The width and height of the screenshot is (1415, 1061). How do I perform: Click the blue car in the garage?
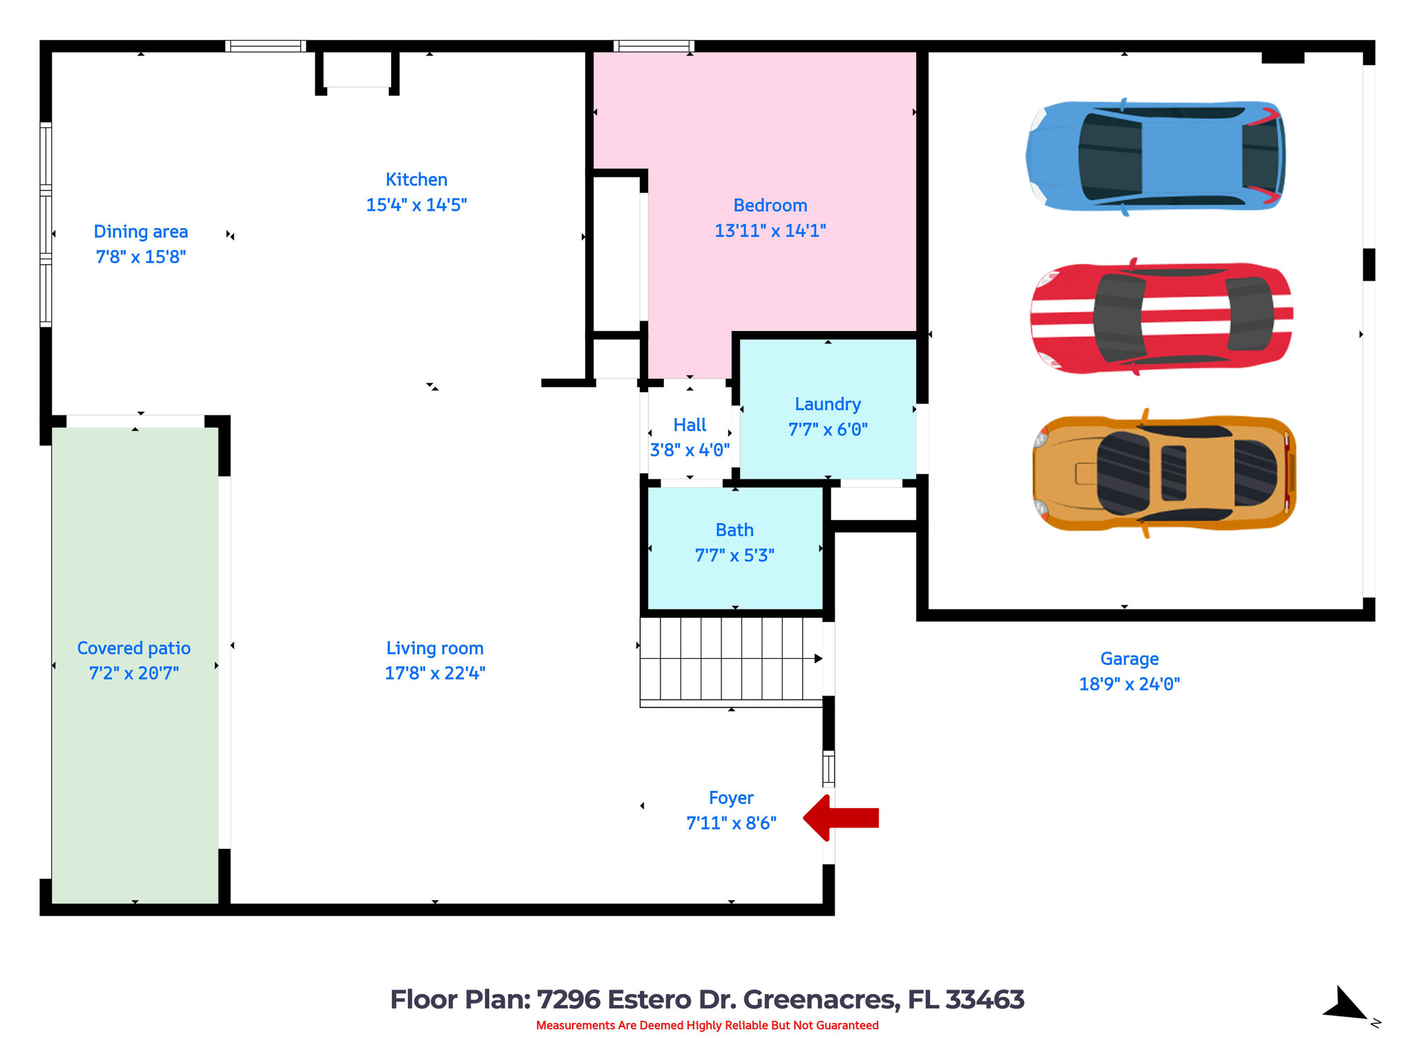tap(1155, 156)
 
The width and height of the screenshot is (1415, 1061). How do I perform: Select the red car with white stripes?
tap(1161, 318)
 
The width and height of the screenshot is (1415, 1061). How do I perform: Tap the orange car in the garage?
tap(1164, 473)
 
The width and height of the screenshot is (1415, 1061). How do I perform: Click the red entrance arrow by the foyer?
tap(842, 818)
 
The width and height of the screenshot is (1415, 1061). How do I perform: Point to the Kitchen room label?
tap(416, 180)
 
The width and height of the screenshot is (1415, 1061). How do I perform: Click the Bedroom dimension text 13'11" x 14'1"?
tap(770, 231)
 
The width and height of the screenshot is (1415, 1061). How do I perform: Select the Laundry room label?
tap(827, 404)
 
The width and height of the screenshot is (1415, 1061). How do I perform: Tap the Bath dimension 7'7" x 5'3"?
tap(734, 555)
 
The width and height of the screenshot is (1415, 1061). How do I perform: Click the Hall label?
tap(690, 425)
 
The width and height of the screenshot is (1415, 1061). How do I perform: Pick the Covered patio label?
tap(133, 648)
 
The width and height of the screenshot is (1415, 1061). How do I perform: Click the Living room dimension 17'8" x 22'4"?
tap(435, 673)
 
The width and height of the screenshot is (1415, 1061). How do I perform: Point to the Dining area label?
tap(140, 231)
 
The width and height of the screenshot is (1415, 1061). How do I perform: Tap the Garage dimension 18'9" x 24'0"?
tap(1129, 684)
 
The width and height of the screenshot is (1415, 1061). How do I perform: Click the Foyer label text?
tap(731, 798)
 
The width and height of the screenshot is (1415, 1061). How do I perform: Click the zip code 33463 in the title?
tap(984, 1000)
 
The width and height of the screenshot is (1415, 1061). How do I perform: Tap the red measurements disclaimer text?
tap(707, 1025)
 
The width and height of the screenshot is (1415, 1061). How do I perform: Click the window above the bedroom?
tap(654, 46)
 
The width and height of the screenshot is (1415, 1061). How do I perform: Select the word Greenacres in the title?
tap(821, 1000)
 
